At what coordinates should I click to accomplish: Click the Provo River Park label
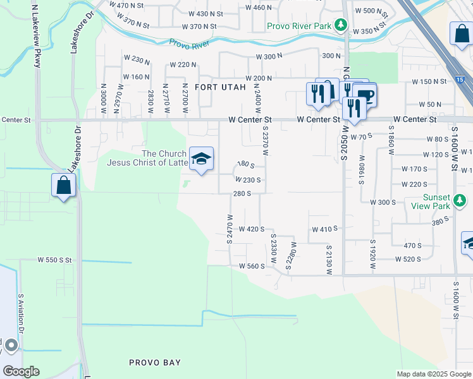point(298,26)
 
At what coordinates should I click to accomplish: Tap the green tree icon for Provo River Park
point(341,25)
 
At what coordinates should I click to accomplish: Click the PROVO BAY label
point(155,363)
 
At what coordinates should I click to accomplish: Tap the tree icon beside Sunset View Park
point(461,202)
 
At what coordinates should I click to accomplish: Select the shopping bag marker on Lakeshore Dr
point(63,185)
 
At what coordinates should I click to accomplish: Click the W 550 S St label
point(55,260)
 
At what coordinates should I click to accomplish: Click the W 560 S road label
point(252,267)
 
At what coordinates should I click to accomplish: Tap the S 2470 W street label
point(230,229)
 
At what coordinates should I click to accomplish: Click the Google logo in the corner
point(21,371)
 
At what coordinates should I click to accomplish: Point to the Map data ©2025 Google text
point(434,374)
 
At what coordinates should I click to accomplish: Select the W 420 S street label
point(252,229)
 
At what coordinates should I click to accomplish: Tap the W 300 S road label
point(383,202)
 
